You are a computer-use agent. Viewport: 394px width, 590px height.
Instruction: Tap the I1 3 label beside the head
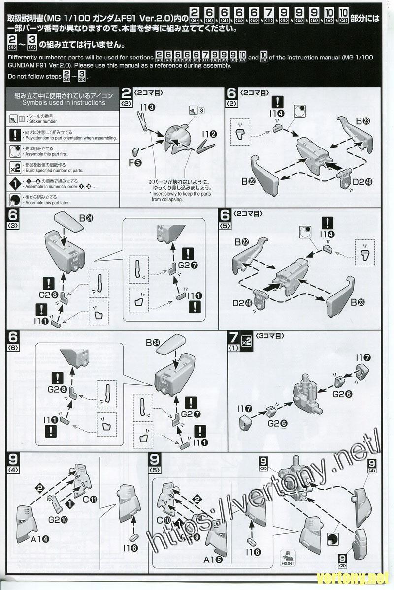coord(147,107)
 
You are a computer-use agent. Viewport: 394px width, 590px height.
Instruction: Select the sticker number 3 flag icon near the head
coord(197,111)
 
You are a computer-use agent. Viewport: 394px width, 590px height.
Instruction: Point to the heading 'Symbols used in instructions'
coord(64,103)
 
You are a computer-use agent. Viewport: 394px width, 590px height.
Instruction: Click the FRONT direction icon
coord(288,558)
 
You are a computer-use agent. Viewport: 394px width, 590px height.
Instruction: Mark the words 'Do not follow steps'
coord(33,76)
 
